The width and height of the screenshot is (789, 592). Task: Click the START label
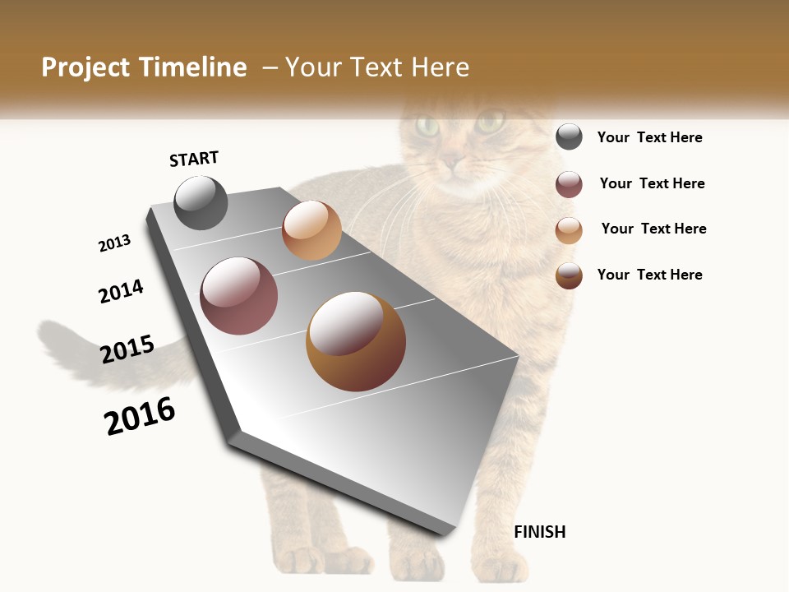coord(194,159)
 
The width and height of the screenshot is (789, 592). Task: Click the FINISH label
coord(539,532)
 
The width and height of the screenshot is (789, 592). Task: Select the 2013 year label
coord(114,243)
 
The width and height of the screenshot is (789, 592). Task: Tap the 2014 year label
coord(121,292)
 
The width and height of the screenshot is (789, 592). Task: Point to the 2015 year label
coord(127,349)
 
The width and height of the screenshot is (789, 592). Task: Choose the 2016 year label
coord(140,416)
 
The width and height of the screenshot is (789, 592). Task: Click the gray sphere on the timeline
coord(201,203)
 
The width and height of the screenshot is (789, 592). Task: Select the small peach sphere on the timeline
coord(311,230)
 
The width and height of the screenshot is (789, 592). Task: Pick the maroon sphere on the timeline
coord(238,296)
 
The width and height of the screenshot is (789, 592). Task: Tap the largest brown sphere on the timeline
coord(355,341)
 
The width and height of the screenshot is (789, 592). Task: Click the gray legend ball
coord(569,137)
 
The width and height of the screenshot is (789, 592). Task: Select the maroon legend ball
coord(569,184)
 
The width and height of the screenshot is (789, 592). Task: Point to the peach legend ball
coord(569,230)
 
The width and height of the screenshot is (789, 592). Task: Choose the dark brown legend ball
coord(569,275)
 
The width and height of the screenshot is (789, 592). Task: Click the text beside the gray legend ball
coord(649,137)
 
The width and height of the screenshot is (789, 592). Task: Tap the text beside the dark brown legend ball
coord(649,275)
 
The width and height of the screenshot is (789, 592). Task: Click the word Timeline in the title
coord(193,67)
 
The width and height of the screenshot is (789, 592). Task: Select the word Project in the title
coord(85,67)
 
